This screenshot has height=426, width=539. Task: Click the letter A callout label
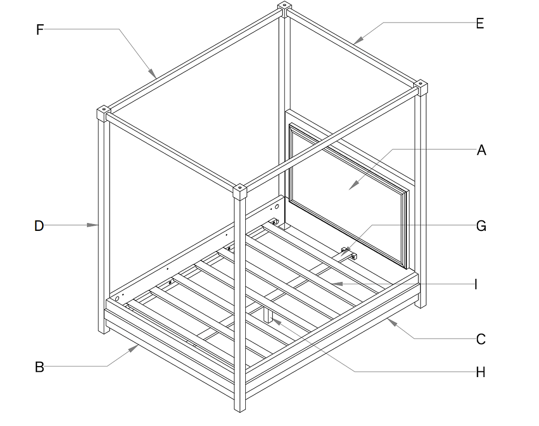click(481, 150)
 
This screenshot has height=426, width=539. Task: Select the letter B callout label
click(39, 367)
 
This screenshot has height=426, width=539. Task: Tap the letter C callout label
click(481, 339)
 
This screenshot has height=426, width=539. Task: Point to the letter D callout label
click(39, 226)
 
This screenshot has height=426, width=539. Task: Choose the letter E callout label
click(480, 24)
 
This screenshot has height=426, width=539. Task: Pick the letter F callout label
click(40, 29)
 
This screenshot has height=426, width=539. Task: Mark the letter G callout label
click(481, 226)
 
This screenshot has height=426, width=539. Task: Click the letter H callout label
click(481, 372)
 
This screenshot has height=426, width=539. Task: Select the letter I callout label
click(476, 285)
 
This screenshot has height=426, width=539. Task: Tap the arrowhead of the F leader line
click(153, 73)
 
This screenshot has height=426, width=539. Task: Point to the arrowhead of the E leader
click(358, 40)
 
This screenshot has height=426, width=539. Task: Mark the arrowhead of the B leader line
click(134, 348)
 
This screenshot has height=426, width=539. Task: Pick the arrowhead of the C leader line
click(392, 322)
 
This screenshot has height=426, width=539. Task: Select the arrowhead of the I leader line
click(337, 284)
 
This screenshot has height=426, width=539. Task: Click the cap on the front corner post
click(239, 192)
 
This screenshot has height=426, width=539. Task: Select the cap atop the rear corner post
click(284, 8)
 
